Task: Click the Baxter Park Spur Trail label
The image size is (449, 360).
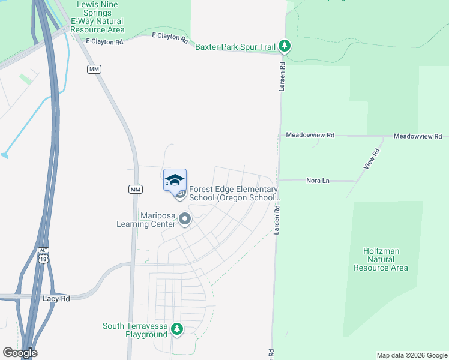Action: pos(235,46)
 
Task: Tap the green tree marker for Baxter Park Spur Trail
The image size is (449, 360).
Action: pos(286,46)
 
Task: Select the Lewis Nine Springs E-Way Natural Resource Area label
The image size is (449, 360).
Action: pos(98,17)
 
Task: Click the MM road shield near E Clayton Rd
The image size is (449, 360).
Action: pos(94,70)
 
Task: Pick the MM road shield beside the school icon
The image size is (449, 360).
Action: pos(135,189)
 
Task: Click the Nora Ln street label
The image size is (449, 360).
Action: pos(318,180)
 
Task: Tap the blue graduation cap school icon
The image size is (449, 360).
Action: pos(175,180)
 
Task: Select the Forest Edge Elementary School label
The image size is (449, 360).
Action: pos(234,193)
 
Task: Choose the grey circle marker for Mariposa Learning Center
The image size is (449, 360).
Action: pos(185,220)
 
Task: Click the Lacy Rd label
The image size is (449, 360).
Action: pos(57,298)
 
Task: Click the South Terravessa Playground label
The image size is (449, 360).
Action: pos(135,330)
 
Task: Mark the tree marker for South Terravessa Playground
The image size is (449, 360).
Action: pos(177,328)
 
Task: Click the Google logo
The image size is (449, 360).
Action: pos(20,353)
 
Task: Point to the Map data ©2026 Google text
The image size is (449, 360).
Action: pos(411,355)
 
